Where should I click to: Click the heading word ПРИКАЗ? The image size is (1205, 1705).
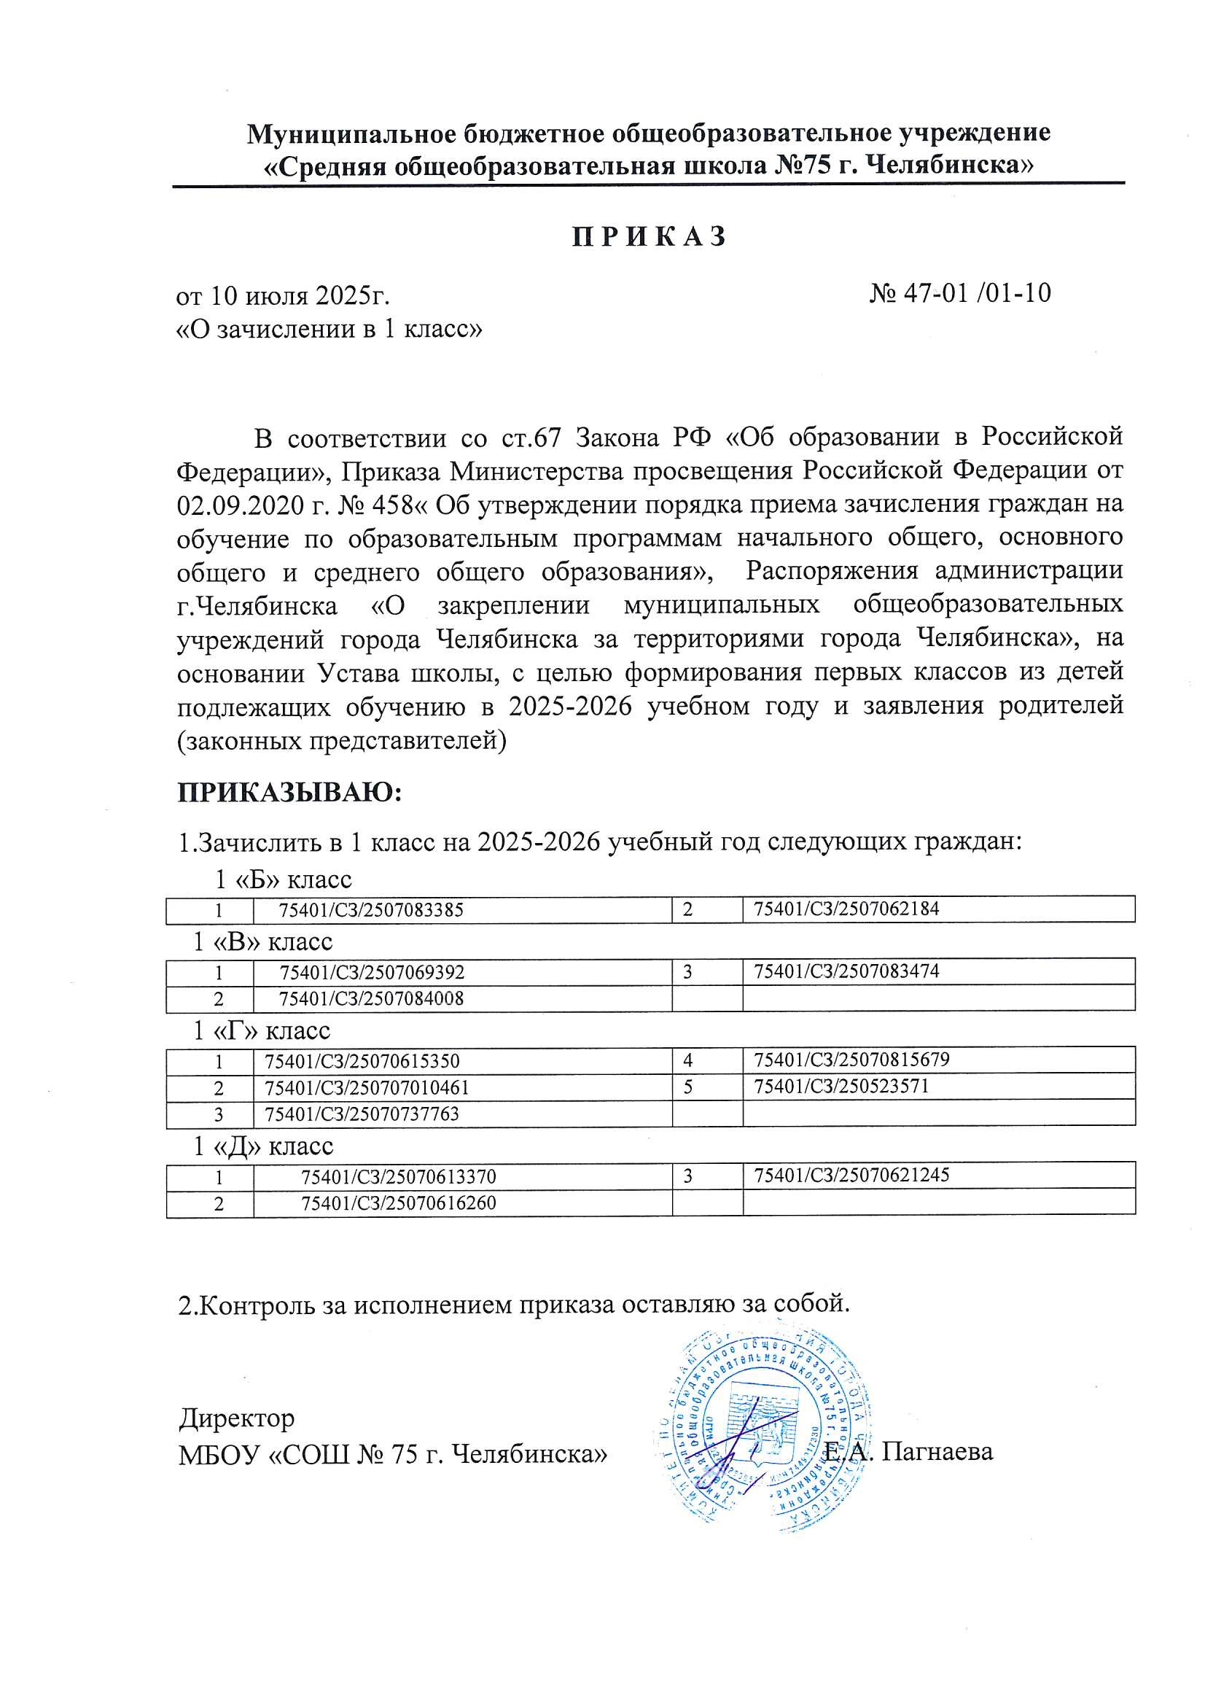(649, 237)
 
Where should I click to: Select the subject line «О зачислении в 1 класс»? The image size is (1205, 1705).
(329, 328)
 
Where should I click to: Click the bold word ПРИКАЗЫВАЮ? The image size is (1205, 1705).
(289, 793)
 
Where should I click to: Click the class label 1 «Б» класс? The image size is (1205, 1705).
(283, 880)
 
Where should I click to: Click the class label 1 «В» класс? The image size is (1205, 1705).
(263, 942)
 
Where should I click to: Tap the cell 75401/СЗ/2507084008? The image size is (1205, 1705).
(371, 999)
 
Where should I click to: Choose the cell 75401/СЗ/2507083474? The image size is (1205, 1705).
(846, 971)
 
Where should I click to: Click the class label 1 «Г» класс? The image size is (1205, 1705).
(262, 1031)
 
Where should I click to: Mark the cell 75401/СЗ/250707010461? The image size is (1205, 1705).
(367, 1089)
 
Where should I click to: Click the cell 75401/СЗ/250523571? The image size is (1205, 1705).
(841, 1087)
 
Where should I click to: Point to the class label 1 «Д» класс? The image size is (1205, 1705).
(264, 1146)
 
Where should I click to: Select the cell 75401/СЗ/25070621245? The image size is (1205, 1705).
(851, 1176)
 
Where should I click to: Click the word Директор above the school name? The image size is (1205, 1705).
(237, 1418)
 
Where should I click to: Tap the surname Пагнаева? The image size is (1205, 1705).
(937, 1451)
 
